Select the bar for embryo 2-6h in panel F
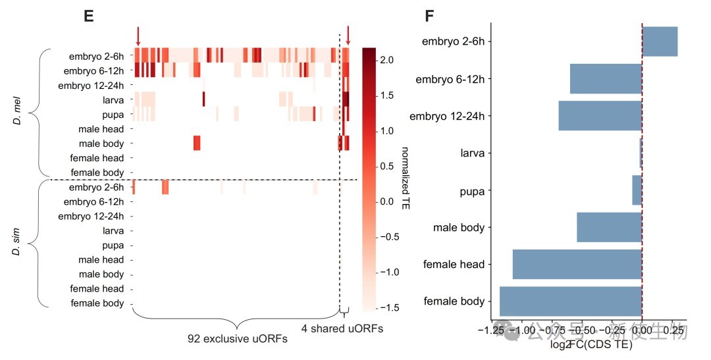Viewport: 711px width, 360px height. tap(660, 42)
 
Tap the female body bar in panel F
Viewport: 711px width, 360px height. tap(571, 301)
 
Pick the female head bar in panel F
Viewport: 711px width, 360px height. tap(577, 264)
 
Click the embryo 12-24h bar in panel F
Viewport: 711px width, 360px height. tap(600, 116)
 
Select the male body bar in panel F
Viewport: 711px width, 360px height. tap(610, 227)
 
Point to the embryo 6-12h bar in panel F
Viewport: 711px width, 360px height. tap(606, 79)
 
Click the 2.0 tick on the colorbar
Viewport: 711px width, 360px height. tap(386, 60)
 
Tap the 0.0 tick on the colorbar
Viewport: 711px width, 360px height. tap(386, 201)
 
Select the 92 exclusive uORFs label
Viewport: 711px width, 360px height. tap(237, 339)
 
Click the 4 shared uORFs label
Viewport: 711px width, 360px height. tap(342, 327)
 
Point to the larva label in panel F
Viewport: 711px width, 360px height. tap(473, 153)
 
